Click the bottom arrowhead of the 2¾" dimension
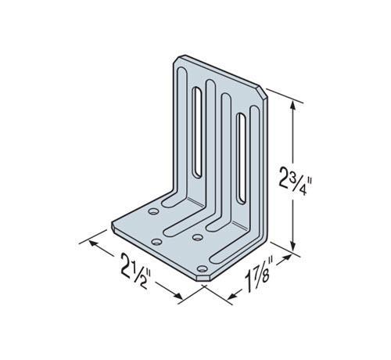coord(293,246)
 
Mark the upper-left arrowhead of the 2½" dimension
coord(93,243)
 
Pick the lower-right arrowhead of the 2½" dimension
coord(178,296)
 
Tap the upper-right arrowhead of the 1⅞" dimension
coord(287,257)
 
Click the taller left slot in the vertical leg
coord(197,133)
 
